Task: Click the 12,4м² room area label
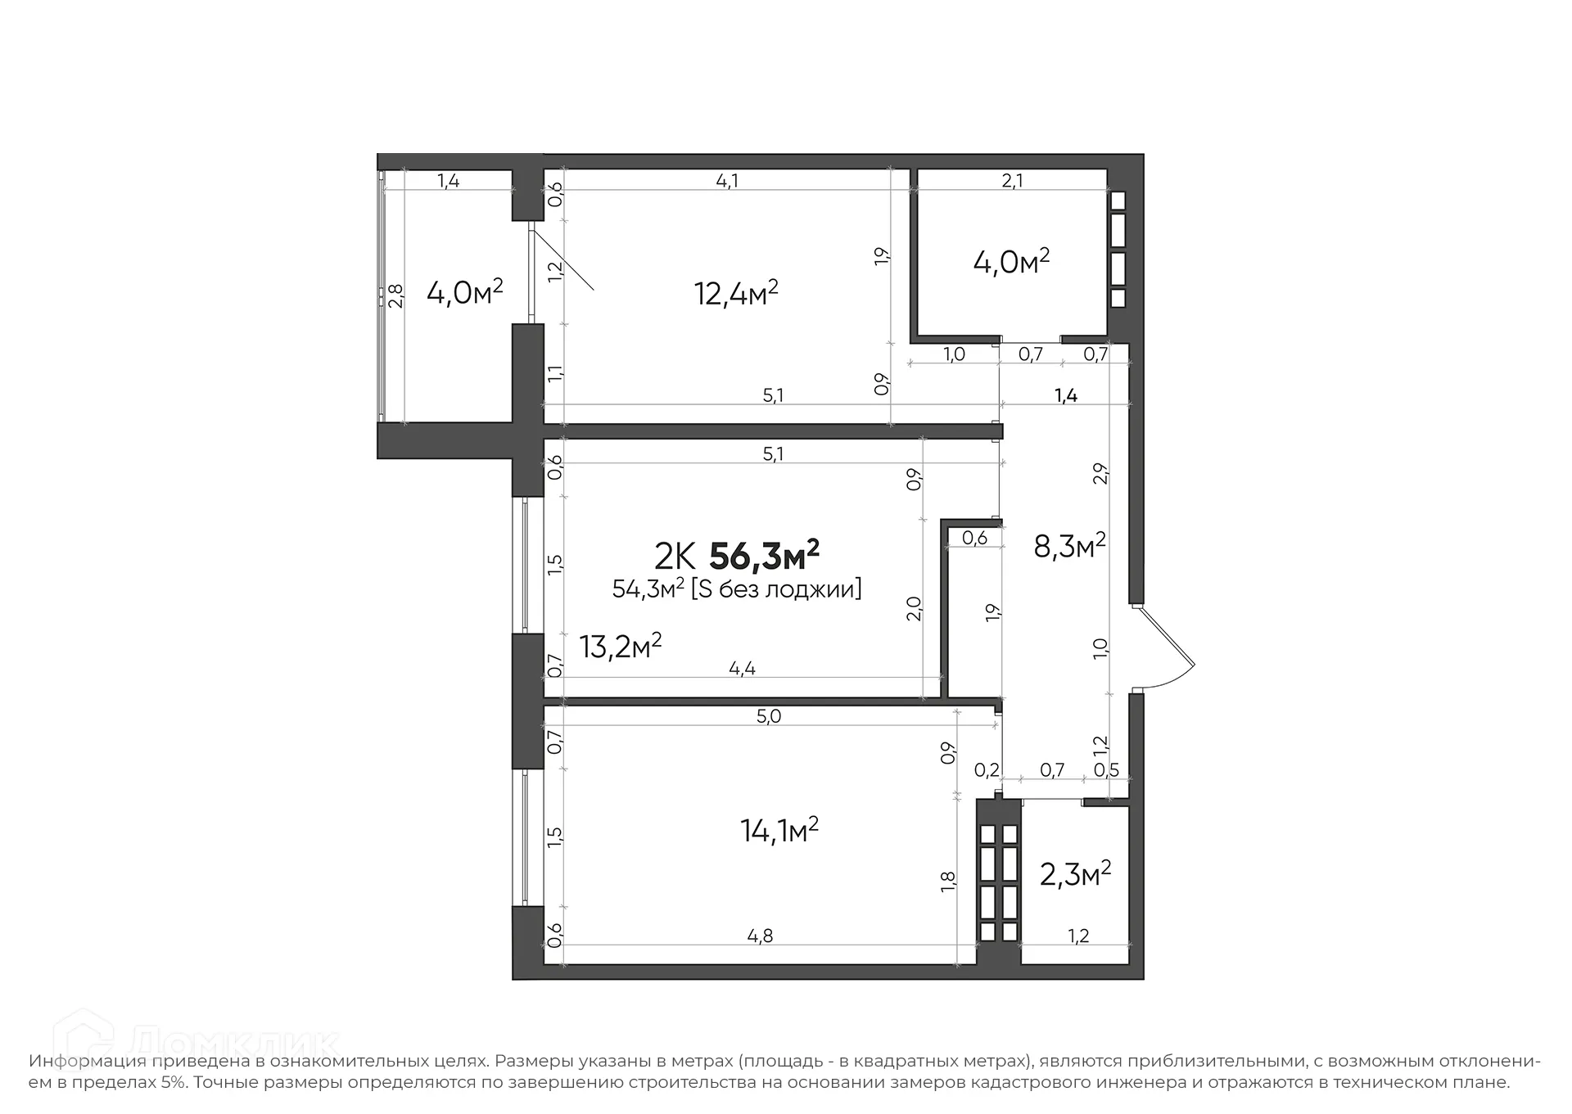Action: pyautogui.click(x=736, y=292)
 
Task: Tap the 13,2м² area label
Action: pyautogui.click(x=621, y=646)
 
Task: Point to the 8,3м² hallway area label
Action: pyautogui.click(x=1069, y=546)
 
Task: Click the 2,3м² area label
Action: pyautogui.click(x=1075, y=873)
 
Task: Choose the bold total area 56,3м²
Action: pyautogui.click(x=764, y=556)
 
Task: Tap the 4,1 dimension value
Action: pyautogui.click(x=727, y=181)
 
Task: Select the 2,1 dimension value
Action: pyautogui.click(x=1012, y=181)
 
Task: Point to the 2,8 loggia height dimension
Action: pyautogui.click(x=395, y=295)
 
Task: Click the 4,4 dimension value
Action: pyautogui.click(x=742, y=669)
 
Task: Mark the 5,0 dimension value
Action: pyautogui.click(x=768, y=717)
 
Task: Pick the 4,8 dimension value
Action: pyautogui.click(x=760, y=936)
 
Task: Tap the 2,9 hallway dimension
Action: pyautogui.click(x=1100, y=474)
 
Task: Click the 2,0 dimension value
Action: pyautogui.click(x=915, y=608)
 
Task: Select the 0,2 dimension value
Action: pyautogui.click(x=987, y=769)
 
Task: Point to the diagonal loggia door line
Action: pyautogui.click(x=563, y=260)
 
